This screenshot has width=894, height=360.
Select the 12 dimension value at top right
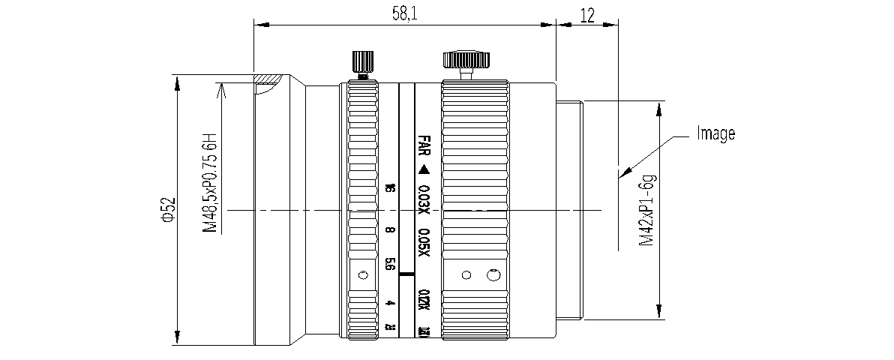click(x=587, y=14)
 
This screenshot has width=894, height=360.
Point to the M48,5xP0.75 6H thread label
click(x=211, y=184)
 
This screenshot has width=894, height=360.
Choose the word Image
click(x=715, y=133)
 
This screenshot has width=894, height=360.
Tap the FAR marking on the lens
click(x=424, y=145)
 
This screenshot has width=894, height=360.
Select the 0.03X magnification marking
click(x=424, y=197)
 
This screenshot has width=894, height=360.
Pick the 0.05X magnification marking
click(x=424, y=242)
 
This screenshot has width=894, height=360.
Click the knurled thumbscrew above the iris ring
click(x=361, y=61)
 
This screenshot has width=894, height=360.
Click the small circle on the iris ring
click(x=364, y=274)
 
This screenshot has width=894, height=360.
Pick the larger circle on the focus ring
click(x=493, y=275)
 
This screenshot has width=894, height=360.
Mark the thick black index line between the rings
click(x=407, y=275)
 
